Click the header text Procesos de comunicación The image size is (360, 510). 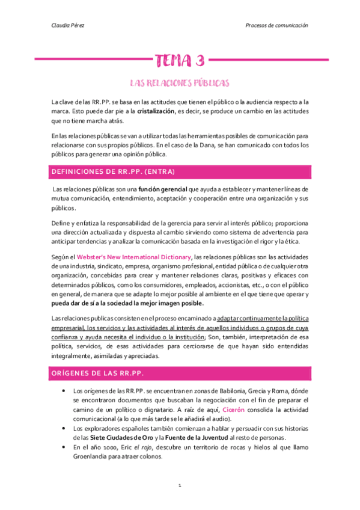click(277, 26)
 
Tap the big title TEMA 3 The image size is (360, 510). click(180, 61)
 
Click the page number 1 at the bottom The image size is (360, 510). click(180, 485)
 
